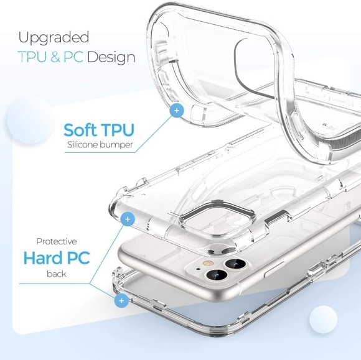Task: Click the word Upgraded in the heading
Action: (x=54, y=38)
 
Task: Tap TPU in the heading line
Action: (x=32, y=57)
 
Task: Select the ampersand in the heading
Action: (x=55, y=57)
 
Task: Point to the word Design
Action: (x=111, y=57)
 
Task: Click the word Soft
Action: (x=80, y=130)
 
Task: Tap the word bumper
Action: (x=116, y=145)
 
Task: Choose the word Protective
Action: (x=57, y=241)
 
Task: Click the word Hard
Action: (x=43, y=258)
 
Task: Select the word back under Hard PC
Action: (x=57, y=274)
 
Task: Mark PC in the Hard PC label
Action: (x=78, y=258)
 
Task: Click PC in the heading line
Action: (x=73, y=57)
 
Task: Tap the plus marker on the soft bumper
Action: (x=177, y=111)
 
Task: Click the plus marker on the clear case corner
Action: (x=128, y=219)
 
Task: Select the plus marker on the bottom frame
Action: (x=121, y=300)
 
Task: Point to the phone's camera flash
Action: (x=208, y=263)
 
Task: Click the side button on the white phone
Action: (x=274, y=269)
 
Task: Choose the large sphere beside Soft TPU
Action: (x=30, y=120)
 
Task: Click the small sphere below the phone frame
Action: (x=323, y=320)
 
